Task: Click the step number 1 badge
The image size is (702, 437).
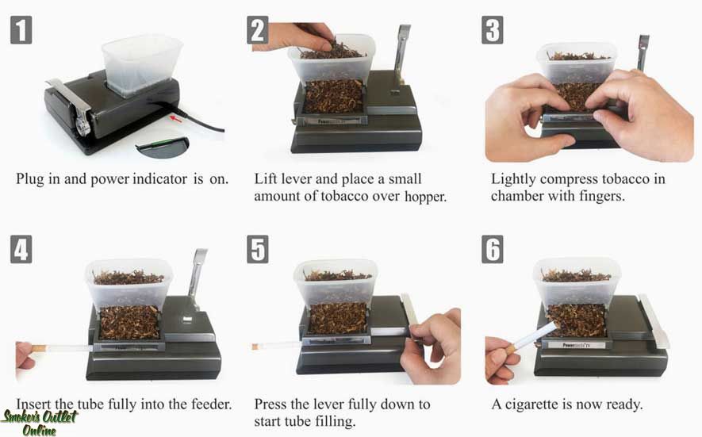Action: [21, 30]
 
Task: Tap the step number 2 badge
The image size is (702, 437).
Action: [258, 30]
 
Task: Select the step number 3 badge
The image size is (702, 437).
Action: [493, 30]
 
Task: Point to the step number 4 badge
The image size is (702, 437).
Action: [21, 248]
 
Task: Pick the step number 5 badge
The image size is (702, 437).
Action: [258, 248]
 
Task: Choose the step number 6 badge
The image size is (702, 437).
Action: [493, 248]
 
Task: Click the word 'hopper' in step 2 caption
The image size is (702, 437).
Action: [421, 196]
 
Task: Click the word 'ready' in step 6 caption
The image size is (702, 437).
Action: [619, 404]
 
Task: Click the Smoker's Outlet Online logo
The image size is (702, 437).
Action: [40, 423]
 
